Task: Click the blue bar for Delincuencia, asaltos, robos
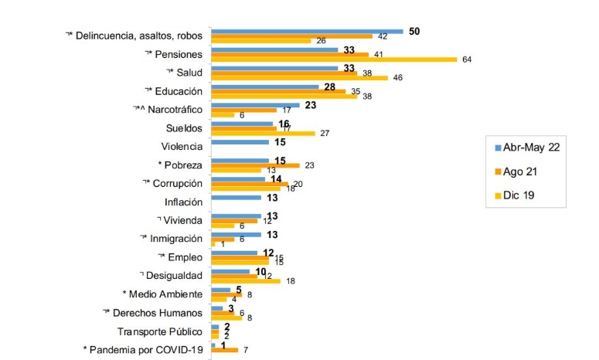coord(307,31)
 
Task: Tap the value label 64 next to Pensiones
coord(466,59)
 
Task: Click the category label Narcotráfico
coord(168,110)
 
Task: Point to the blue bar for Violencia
coord(240,142)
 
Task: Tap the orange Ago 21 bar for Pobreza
coord(255,165)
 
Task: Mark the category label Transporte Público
coord(160,331)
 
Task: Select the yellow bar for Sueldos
coord(263,133)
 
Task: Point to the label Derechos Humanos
coord(158,313)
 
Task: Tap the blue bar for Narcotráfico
coord(255,105)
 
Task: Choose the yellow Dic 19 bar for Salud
coord(299,77)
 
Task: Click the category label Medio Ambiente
coord(165,294)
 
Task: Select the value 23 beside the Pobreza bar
coord(310,165)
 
